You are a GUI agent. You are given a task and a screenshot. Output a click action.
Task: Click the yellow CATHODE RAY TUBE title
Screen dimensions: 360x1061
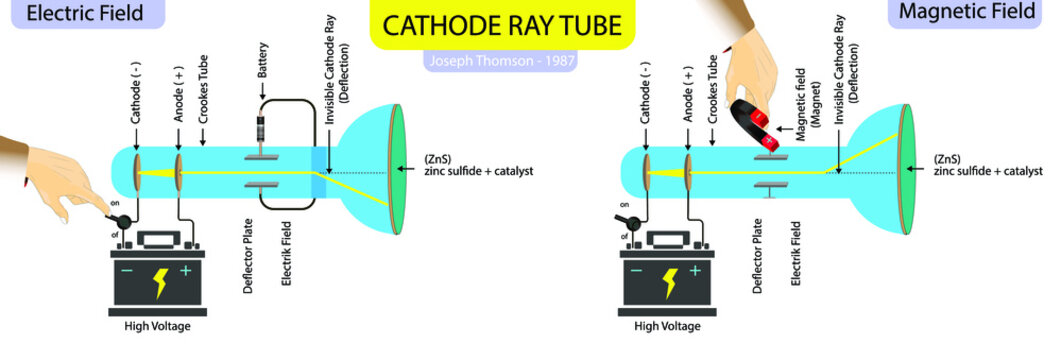(489, 24)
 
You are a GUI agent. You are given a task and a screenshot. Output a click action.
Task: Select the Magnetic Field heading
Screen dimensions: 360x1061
(966, 13)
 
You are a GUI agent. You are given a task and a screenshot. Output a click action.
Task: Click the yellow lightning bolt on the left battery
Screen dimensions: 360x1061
(161, 283)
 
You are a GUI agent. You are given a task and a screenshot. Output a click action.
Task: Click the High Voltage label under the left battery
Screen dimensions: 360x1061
(157, 327)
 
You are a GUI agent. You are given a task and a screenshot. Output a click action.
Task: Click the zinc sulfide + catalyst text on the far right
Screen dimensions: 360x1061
(987, 171)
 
